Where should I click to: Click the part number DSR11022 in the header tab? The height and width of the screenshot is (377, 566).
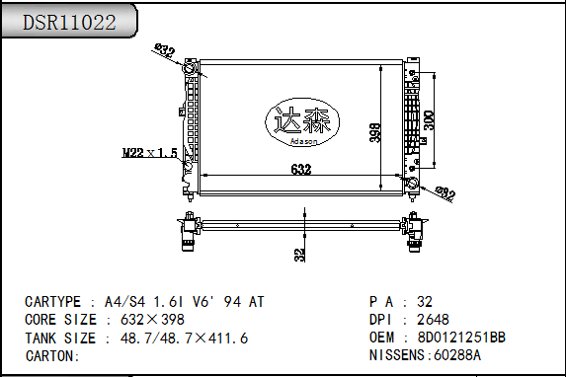coord(69,23)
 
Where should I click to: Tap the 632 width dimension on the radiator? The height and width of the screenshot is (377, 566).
coord(301,169)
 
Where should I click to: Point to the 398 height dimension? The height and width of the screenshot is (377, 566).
coord(375,132)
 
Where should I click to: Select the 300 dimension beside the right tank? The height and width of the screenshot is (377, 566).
coord(429,120)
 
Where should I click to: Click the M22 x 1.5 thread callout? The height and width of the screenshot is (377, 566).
coord(150,153)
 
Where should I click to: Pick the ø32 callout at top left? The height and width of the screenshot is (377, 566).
coord(165,50)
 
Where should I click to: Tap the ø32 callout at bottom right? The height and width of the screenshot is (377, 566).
coord(445,193)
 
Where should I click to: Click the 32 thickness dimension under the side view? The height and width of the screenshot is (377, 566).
coord(300,255)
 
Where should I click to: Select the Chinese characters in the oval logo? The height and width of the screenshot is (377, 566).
coord(302,120)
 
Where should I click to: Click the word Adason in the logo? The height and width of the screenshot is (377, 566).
coord(303,141)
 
